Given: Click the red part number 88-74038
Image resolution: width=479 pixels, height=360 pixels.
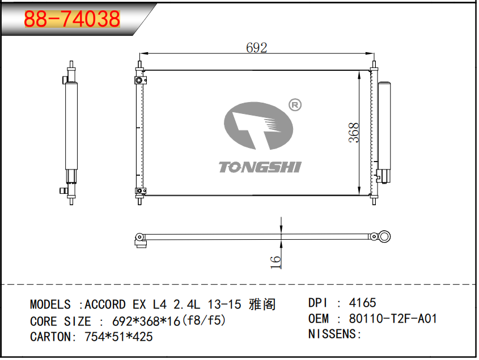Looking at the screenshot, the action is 72,19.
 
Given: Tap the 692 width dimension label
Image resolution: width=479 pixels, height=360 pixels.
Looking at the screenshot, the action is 257,48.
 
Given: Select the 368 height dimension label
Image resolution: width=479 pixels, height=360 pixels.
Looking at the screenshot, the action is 354,133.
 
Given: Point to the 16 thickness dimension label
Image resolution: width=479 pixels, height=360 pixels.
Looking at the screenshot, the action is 275,262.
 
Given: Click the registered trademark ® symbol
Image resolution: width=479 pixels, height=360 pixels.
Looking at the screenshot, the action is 295,105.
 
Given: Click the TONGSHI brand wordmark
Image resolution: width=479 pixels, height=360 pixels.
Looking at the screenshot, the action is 260,167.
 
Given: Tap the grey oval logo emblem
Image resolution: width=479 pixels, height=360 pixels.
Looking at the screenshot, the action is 258,126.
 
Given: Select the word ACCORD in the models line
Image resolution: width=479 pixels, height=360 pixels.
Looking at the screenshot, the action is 105,304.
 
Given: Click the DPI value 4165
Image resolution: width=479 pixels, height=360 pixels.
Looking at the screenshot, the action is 362,303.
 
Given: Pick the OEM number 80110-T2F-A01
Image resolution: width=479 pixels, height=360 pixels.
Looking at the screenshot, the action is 393,319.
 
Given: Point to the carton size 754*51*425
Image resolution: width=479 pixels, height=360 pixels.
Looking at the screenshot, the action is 118,337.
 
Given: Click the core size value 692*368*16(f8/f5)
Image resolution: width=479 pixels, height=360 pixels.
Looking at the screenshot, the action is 169,321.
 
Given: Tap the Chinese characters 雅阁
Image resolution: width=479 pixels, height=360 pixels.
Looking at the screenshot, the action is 262,304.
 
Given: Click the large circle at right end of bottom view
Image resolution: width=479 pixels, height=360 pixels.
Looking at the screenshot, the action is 384,236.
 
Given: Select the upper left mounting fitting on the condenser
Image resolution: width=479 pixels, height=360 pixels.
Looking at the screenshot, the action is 140,80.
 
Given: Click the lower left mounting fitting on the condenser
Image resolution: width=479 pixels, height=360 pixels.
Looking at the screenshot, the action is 141,190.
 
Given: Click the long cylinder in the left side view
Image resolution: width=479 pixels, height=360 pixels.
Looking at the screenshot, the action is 71,126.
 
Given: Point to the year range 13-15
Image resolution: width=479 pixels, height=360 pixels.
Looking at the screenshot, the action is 224,304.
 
